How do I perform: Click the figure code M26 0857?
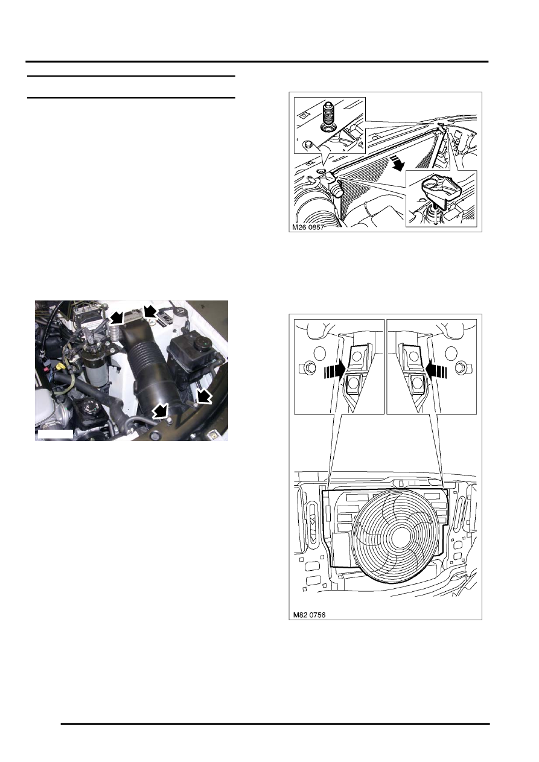(x=308, y=227)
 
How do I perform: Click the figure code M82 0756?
(x=309, y=615)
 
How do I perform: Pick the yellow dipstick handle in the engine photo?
(x=61, y=367)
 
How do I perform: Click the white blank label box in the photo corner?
(x=55, y=434)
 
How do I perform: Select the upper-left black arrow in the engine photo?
(x=116, y=318)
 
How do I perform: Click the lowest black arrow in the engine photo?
(x=161, y=411)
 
